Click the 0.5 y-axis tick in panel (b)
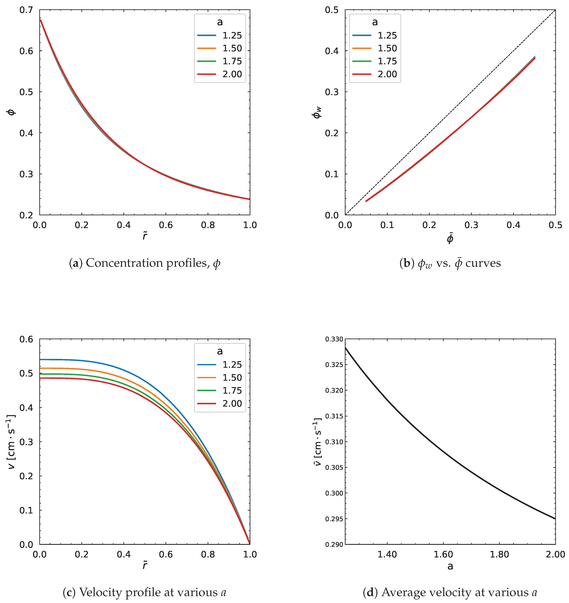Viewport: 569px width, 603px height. [332, 10]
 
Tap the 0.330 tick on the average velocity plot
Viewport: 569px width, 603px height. [334, 339]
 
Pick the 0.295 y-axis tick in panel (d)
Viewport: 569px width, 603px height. [334, 519]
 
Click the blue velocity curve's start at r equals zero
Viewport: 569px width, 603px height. [40, 360]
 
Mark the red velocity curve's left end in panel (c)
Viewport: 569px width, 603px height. [40, 378]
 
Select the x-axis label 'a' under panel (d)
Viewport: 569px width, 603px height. [450, 567]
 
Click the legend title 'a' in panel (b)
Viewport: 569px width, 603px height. [375, 22]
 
